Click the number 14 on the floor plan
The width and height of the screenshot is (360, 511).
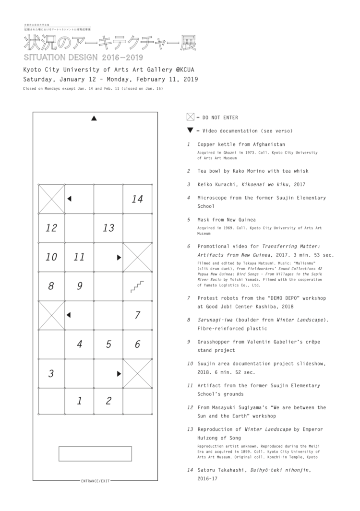coord(137,199)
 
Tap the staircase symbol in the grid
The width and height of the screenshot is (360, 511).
coord(137,286)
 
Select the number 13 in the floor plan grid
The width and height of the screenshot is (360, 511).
coord(108,228)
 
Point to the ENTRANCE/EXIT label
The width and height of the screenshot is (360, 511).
coord(95,480)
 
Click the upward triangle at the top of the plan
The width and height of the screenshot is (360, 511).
coord(95,118)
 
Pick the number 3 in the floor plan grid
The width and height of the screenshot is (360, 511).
coord(51,373)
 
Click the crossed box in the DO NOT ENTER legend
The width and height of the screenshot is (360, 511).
coord(190,117)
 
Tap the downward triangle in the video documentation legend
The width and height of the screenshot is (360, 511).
coord(191,131)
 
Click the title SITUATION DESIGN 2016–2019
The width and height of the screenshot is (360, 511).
coord(77,57)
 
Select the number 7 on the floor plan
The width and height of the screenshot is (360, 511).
coord(137,315)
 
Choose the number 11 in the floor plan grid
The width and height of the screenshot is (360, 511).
coord(79,257)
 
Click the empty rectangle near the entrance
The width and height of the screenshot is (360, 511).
coord(95,453)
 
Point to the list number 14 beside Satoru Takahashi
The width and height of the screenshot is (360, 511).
coord(190,471)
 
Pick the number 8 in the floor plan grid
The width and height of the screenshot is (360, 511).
coord(51,286)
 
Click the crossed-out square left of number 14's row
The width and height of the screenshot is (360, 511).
coord(51,199)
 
